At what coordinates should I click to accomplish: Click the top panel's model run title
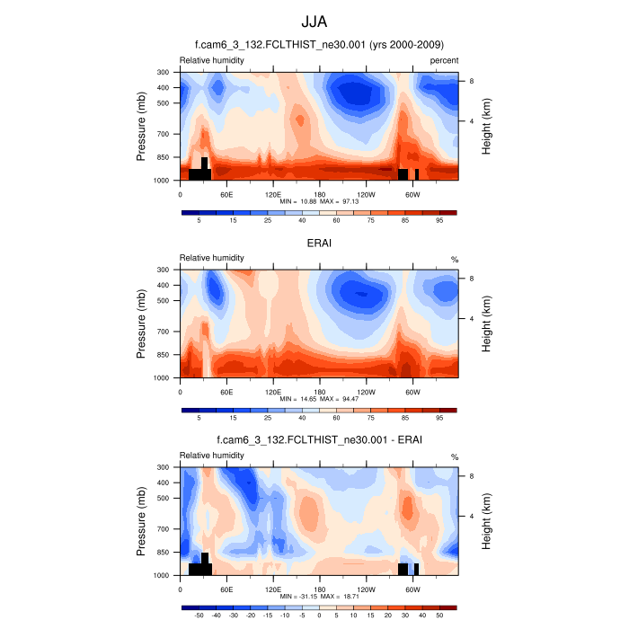click(x=319, y=45)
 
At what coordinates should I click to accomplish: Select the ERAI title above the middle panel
click(x=319, y=243)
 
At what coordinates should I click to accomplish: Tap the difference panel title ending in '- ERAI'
click(x=319, y=440)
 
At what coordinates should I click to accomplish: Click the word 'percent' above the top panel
click(x=444, y=60)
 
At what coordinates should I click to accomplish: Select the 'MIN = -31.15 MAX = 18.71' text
click(x=319, y=597)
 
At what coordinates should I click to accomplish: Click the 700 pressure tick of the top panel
click(x=163, y=134)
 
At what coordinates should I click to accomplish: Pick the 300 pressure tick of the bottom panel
click(x=163, y=467)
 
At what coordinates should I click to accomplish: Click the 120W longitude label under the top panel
click(x=366, y=194)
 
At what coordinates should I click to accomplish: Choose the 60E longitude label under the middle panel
click(x=226, y=392)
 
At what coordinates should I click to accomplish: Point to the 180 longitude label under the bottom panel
click(x=319, y=589)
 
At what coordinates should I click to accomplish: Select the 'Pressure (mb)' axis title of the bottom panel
click(x=142, y=521)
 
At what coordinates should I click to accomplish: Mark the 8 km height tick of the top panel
click(x=471, y=81)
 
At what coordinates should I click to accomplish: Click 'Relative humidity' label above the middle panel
click(x=212, y=258)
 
